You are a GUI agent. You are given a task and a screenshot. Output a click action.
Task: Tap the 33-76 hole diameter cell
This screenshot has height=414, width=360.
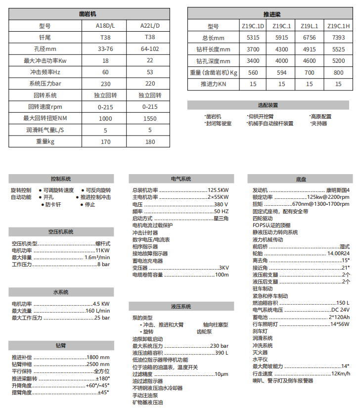pyautogui.click(x=105, y=49)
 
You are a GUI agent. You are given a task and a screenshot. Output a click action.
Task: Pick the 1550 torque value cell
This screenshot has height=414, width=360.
pyautogui.click(x=150, y=119)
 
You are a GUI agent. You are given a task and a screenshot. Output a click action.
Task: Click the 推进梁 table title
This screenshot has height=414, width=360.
pyautogui.click(x=271, y=15)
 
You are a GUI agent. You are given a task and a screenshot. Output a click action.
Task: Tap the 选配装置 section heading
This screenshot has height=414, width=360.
pyautogui.click(x=268, y=105)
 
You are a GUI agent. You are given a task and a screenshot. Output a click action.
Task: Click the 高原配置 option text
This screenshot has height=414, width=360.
pyautogui.click(x=321, y=117)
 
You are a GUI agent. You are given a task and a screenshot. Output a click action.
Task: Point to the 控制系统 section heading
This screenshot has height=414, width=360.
pyautogui.click(x=61, y=179)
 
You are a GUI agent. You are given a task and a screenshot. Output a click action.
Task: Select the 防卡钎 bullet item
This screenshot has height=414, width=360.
pyautogui.click(x=53, y=204)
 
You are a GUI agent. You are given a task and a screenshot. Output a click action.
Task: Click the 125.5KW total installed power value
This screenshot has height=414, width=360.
pyautogui.click(x=218, y=190)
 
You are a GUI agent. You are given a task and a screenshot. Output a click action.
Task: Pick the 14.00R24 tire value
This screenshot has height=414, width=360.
pyautogui.click(x=339, y=253)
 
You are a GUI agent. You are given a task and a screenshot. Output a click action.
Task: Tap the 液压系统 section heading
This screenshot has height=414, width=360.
pyautogui.click(x=181, y=306)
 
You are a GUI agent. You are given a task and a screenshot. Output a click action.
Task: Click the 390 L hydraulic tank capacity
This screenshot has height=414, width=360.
pyautogui.click(x=222, y=353)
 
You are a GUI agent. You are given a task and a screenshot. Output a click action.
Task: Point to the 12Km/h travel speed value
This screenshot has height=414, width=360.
pyautogui.click(x=340, y=373)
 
